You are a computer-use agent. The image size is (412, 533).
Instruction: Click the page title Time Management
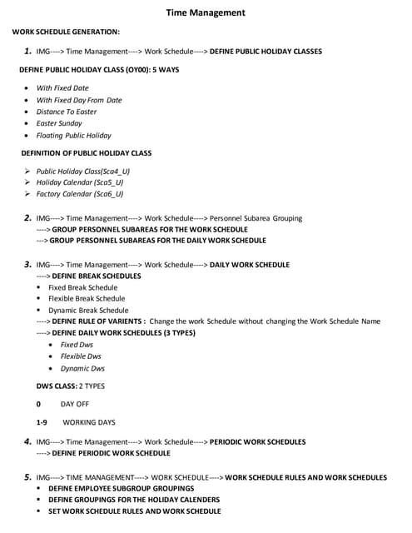coord(206,12)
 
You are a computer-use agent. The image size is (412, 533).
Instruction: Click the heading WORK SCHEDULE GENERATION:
coord(66,32)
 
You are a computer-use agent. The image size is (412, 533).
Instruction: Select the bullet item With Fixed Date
coord(62,87)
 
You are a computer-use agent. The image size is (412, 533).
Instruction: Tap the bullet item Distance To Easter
coord(67,112)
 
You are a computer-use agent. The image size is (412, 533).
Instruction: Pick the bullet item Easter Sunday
coord(59,123)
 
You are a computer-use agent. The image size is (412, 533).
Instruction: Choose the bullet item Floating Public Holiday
coord(73,135)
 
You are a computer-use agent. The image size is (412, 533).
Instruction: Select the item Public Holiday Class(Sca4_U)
coord(83,171)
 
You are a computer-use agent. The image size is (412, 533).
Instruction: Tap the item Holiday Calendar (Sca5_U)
coord(80,182)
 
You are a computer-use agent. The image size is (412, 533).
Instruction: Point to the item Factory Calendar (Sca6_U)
coord(80,194)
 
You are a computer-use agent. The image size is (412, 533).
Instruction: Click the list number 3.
coord(28,264)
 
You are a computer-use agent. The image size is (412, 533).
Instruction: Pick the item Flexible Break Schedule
coord(87,299)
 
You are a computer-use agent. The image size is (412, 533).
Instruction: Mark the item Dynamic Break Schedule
coord(88,311)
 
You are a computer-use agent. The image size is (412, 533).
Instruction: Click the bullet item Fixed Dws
coord(77,345)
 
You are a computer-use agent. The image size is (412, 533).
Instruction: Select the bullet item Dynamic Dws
coord(82,368)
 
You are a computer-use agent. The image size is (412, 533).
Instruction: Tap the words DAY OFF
coord(75,404)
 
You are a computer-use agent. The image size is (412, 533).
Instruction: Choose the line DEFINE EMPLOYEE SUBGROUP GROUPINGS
coord(122,488)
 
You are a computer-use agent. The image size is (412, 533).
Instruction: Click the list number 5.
coord(28,476)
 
